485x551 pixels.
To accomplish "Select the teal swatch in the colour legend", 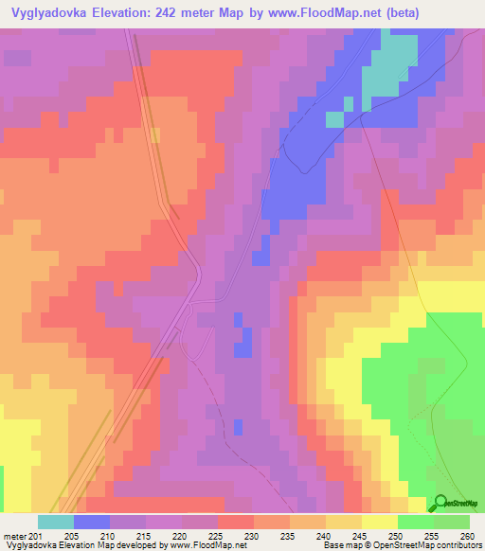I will click(x=56, y=522).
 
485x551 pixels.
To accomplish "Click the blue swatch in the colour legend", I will click(x=92, y=522).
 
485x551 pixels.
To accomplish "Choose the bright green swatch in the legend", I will click(x=416, y=522).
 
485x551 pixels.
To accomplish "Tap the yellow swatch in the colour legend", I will click(x=380, y=522).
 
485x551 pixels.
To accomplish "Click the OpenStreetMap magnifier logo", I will click(x=440, y=503).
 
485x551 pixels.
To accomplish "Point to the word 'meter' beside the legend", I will click(x=13, y=536).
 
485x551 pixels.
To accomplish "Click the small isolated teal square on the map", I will click(x=334, y=118).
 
